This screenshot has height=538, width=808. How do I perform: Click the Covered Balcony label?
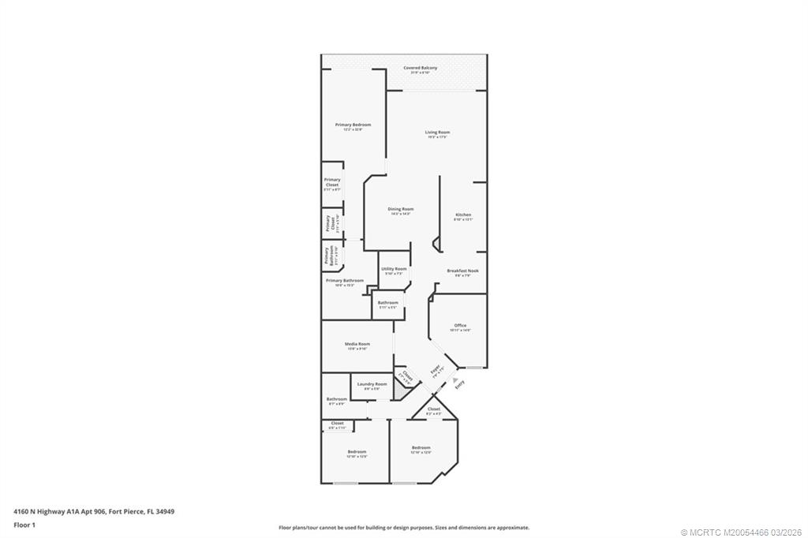click(420, 68)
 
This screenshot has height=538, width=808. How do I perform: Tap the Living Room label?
click(437, 132)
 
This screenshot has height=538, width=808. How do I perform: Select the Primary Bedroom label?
click(353, 125)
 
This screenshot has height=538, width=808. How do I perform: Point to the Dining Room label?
click(401, 209)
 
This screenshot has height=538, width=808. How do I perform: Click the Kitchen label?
click(463, 215)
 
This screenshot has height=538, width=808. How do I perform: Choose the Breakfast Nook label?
click(462, 271)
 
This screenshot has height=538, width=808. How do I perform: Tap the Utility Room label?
click(394, 269)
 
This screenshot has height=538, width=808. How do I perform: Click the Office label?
click(460, 325)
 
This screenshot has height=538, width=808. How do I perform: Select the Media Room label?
click(357, 344)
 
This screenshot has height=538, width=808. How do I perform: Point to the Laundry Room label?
click(372, 384)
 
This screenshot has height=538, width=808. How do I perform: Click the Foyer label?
click(436, 369)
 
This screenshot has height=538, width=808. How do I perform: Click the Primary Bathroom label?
click(345, 281)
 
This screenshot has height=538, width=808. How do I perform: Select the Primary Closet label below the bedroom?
click(332, 182)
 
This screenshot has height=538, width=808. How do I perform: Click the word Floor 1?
click(25, 524)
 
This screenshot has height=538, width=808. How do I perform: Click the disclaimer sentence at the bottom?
click(403, 528)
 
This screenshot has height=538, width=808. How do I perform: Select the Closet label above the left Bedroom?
click(337, 424)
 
